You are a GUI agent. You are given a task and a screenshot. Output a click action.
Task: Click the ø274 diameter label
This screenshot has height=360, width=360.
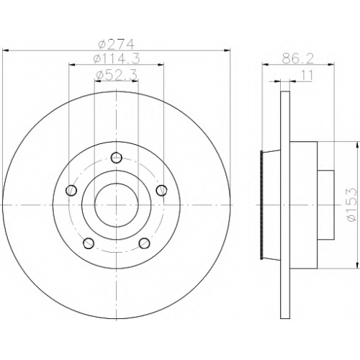[116, 44]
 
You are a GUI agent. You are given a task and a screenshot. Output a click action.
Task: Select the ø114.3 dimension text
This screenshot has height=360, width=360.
[117, 58]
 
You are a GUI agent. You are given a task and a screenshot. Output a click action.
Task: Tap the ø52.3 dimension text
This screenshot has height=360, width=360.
[117, 75]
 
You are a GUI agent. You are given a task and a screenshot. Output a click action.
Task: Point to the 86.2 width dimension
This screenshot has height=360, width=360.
[298, 58]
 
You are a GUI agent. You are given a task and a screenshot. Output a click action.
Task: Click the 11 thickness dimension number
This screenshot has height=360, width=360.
[307, 76]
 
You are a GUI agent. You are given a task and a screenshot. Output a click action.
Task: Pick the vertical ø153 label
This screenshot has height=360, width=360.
[351, 204]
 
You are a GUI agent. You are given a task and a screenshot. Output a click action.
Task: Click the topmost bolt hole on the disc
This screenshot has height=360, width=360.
[117, 158]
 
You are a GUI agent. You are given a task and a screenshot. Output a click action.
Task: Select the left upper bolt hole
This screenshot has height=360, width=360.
[71, 191]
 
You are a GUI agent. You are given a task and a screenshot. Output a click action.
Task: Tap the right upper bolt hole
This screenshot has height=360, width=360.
[161, 191]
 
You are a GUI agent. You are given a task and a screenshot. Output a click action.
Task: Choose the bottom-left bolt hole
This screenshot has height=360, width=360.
[89, 243]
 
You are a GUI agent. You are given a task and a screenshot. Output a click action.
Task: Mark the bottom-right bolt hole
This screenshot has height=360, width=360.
[145, 243]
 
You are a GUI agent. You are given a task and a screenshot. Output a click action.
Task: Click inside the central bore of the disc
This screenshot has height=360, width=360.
[117, 205]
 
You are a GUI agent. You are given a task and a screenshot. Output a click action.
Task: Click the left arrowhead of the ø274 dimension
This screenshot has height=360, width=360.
[5, 50]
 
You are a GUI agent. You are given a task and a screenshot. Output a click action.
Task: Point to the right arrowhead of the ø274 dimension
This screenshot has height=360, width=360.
[227, 50]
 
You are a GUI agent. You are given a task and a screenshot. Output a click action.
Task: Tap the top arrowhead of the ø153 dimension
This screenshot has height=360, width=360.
[358, 145]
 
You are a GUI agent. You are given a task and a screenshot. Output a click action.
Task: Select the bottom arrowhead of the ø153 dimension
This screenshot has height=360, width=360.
[358, 265]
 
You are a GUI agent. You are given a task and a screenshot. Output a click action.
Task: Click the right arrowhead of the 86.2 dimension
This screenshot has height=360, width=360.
[331, 64]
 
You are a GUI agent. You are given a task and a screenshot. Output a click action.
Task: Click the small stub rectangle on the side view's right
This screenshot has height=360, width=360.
[325, 204]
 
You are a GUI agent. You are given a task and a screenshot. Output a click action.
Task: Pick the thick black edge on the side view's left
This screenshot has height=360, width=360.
[262, 204]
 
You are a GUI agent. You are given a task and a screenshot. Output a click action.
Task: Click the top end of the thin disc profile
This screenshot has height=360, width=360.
[285, 91]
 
